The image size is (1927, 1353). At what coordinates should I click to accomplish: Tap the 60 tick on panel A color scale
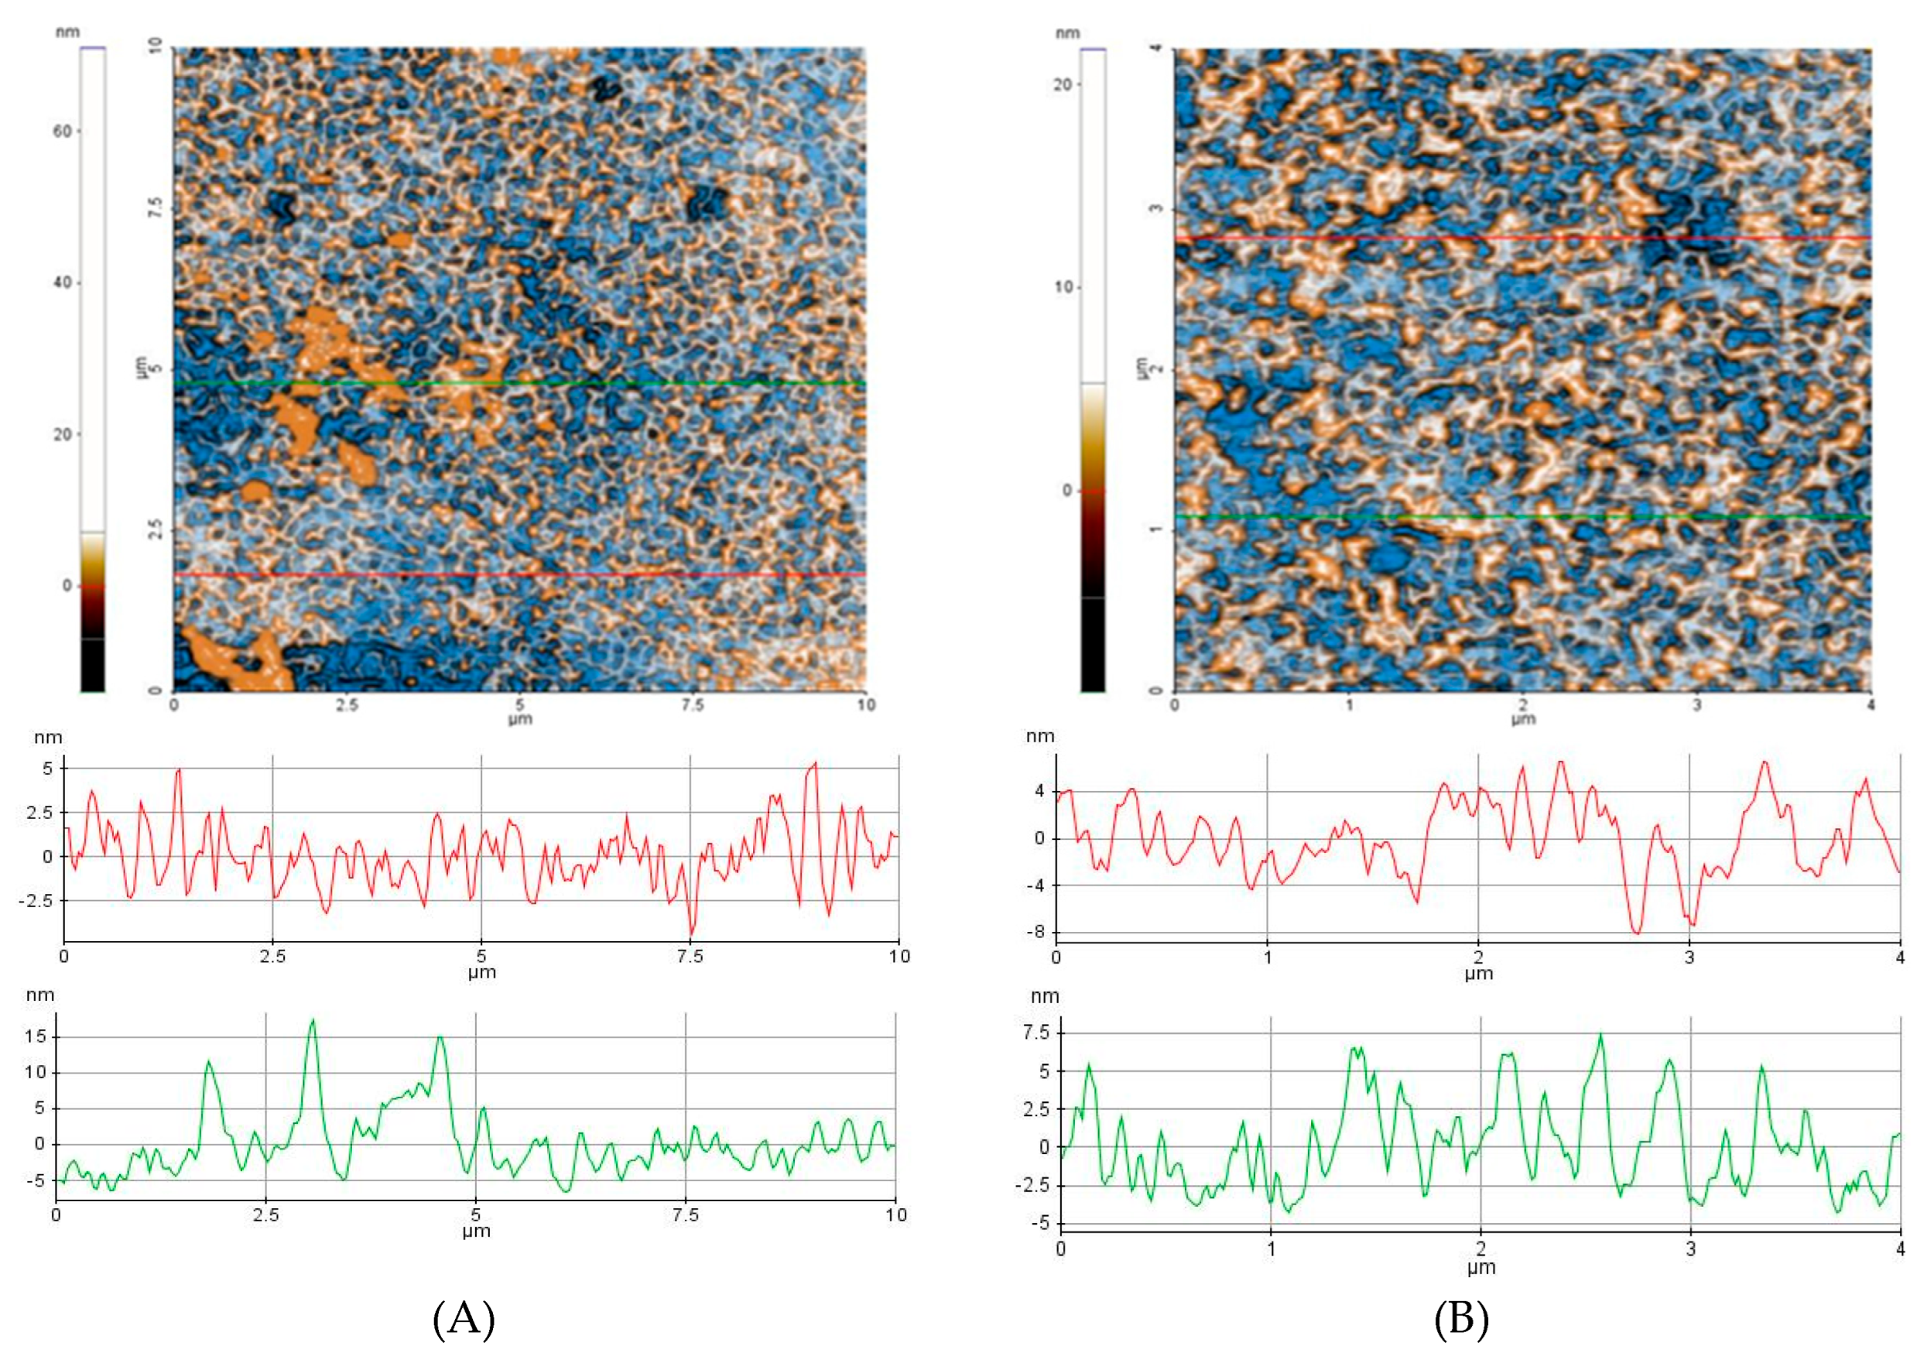[x=63, y=131]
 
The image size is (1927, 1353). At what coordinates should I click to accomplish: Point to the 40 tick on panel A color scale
[x=63, y=282]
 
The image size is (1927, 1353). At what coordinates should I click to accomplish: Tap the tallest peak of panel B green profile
[x=1600, y=1034]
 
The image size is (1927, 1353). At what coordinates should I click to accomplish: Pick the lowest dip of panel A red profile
[x=692, y=934]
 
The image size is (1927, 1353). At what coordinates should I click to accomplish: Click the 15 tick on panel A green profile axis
[x=36, y=1036]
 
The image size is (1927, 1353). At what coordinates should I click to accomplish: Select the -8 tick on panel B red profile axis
[x=1039, y=932]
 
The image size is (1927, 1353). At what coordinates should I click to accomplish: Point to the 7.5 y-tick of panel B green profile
[x=1037, y=1033]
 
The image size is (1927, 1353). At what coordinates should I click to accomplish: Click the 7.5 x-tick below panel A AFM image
[x=693, y=706]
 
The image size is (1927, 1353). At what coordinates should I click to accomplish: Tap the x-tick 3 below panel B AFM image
[x=1696, y=706]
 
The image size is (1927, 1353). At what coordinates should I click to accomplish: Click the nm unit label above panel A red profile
[x=47, y=737]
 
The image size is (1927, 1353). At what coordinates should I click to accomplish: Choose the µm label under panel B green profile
[x=1480, y=1268]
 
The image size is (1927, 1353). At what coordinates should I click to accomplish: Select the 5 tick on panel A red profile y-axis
[x=48, y=768]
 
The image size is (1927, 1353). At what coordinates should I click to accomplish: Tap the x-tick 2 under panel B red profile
[x=1478, y=957]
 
